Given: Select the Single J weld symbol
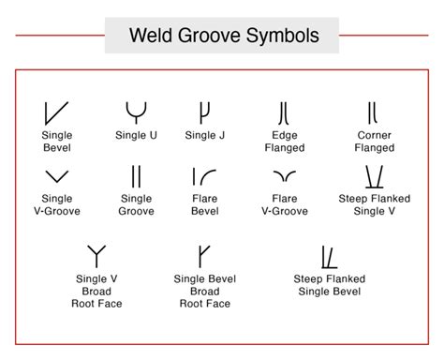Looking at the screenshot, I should tap(204, 112).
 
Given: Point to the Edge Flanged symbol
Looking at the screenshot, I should tap(284, 113).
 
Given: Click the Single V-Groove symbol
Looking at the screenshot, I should tap(56, 176).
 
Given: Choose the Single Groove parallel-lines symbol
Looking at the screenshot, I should tap(137, 176).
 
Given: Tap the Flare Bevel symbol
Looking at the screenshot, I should tap(204, 176).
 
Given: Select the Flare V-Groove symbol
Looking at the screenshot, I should tap(284, 176).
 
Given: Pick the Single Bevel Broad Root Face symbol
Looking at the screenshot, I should tap(203, 255).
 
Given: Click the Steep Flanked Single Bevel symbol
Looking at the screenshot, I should tap(329, 256).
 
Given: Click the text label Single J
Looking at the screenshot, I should tap(204, 136).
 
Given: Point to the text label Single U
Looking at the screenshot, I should tap(137, 136).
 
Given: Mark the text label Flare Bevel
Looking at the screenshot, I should tap(204, 205).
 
